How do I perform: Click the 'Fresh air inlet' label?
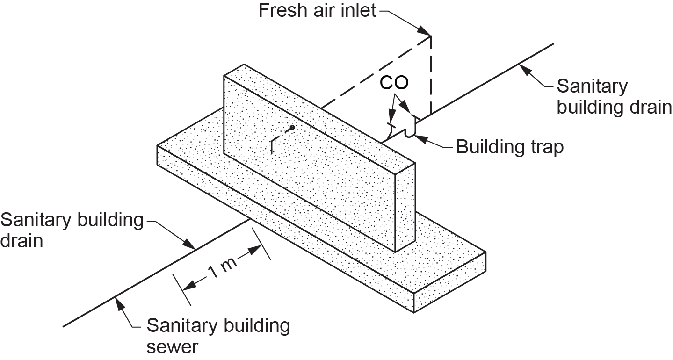pos(317,10)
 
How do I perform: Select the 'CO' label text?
pos(394,83)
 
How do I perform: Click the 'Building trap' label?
pos(510,147)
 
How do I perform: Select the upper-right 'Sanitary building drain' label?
pos(614,97)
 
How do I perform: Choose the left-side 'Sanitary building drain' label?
pos(72,230)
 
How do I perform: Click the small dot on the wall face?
pos(292,127)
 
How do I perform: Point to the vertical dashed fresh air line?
pos(431,75)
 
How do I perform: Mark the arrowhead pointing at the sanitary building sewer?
pos(119,302)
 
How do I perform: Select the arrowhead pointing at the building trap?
pos(419,137)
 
